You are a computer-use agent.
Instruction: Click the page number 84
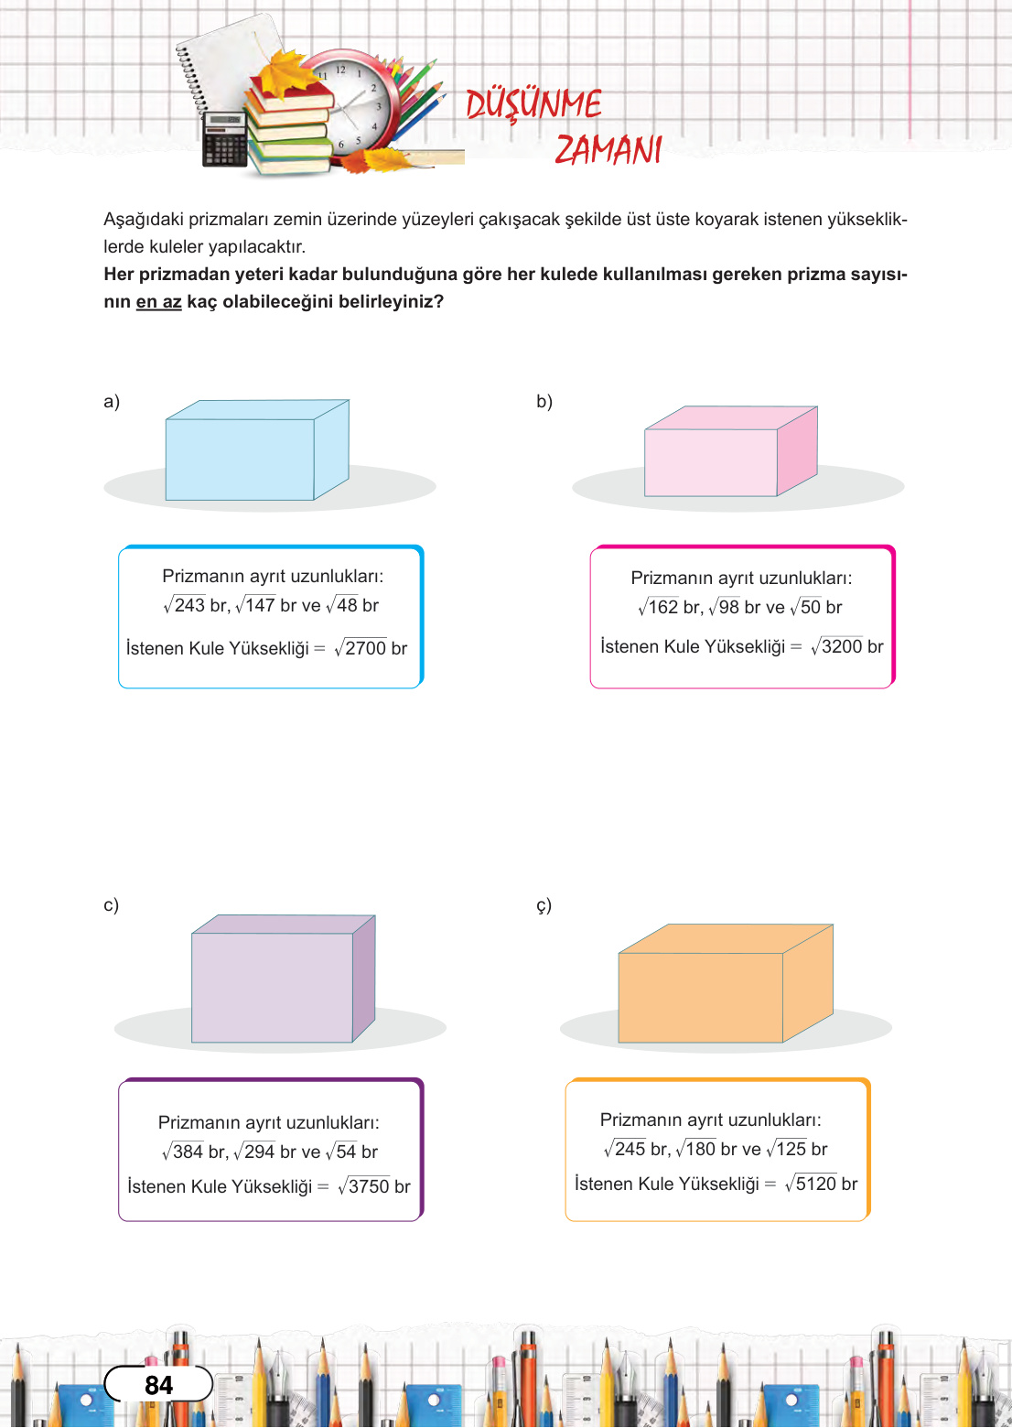(x=158, y=1385)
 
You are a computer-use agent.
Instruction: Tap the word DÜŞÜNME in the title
(x=533, y=104)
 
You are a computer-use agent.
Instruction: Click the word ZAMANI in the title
(x=608, y=149)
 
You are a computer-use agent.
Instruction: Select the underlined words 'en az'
(x=158, y=302)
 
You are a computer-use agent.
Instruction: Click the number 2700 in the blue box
(x=366, y=648)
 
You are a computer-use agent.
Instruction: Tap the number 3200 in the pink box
(x=842, y=646)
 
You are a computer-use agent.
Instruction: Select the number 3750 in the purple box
(x=369, y=1186)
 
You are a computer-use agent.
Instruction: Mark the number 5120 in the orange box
(x=816, y=1184)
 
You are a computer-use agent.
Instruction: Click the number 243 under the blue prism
(x=189, y=605)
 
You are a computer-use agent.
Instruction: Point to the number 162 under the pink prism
(x=663, y=607)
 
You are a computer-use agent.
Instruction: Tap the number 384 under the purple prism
(x=188, y=1152)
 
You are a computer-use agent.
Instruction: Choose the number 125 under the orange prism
(x=791, y=1149)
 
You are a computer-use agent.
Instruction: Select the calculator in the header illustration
(x=224, y=139)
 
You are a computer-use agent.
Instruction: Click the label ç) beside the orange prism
(x=544, y=905)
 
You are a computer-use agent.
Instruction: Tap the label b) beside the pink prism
(x=544, y=402)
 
